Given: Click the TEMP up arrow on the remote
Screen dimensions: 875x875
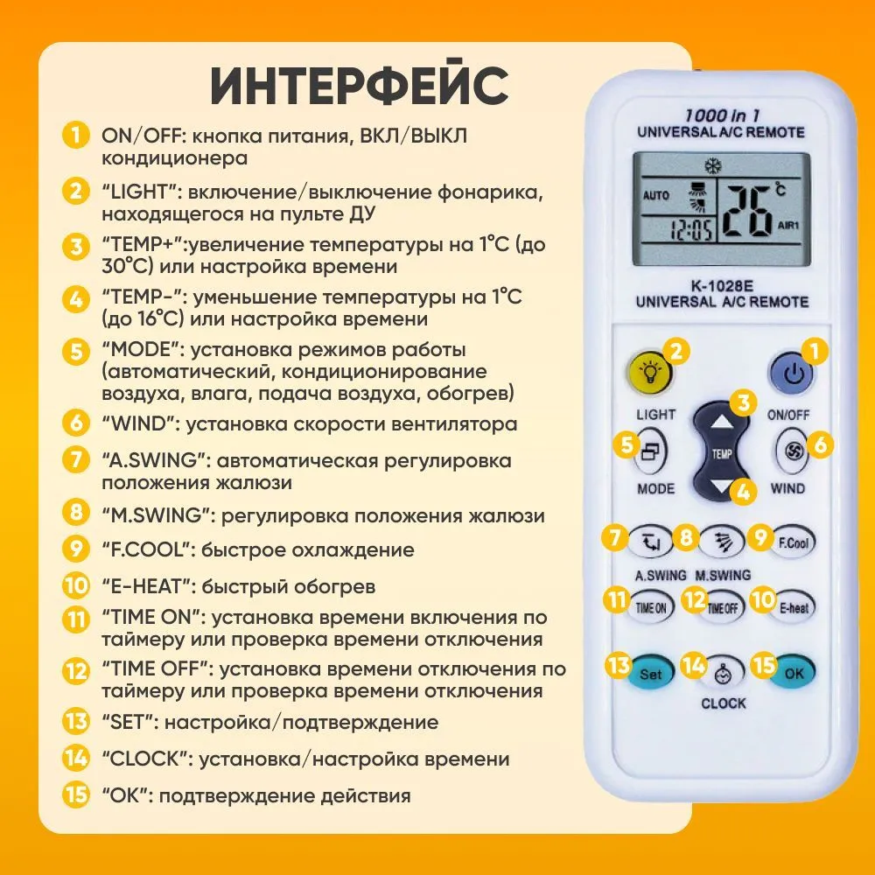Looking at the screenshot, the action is point(723,423).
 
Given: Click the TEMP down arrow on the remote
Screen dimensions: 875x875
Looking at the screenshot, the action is point(722,485).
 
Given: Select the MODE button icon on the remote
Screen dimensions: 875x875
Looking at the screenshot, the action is point(650,451).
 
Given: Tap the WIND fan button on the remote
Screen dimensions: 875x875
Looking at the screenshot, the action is point(793,451).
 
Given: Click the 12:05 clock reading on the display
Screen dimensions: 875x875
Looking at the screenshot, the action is point(691,229).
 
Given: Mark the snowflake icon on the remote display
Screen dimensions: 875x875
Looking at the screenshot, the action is point(712,166).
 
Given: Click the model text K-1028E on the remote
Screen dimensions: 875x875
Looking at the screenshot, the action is point(722,286).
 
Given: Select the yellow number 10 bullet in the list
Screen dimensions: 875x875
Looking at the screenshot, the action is point(75,585).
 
